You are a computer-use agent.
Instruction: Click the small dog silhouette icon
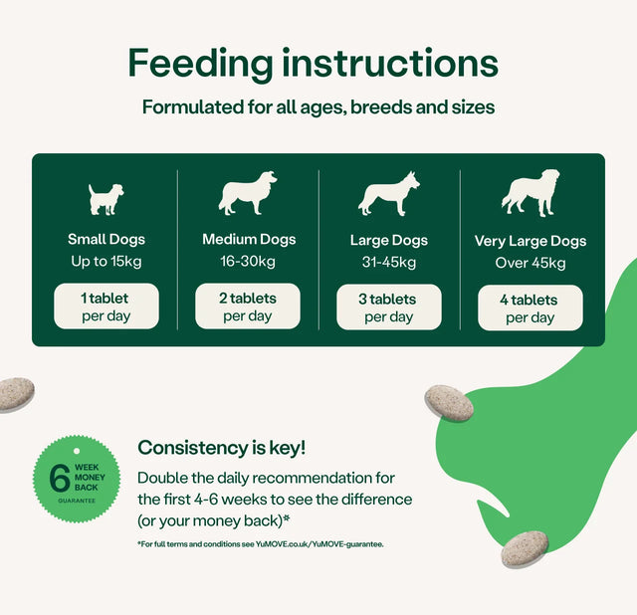tap(106, 199)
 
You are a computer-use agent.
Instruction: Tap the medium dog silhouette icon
tap(248, 193)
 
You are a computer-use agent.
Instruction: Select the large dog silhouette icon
tap(388, 194)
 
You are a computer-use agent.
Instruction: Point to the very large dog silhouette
tap(530, 194)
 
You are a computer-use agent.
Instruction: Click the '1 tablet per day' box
tap(106, 307)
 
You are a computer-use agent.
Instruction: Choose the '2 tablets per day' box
tap(248, 307)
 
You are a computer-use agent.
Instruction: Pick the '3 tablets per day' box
tap(389, 307)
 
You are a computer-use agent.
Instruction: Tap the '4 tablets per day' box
tap(531, 308)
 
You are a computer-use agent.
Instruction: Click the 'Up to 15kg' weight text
tap(106, 262)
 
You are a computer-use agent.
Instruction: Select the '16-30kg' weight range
tap(248, 262)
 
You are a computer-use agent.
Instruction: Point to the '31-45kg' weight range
tap(389, 263)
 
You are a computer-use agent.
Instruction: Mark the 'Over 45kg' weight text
tap(531, 264)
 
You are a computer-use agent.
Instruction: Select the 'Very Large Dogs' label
tap(531, 241)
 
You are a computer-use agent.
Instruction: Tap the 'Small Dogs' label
tap(106, 239)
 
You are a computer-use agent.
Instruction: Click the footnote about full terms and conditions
tap(261, 543)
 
